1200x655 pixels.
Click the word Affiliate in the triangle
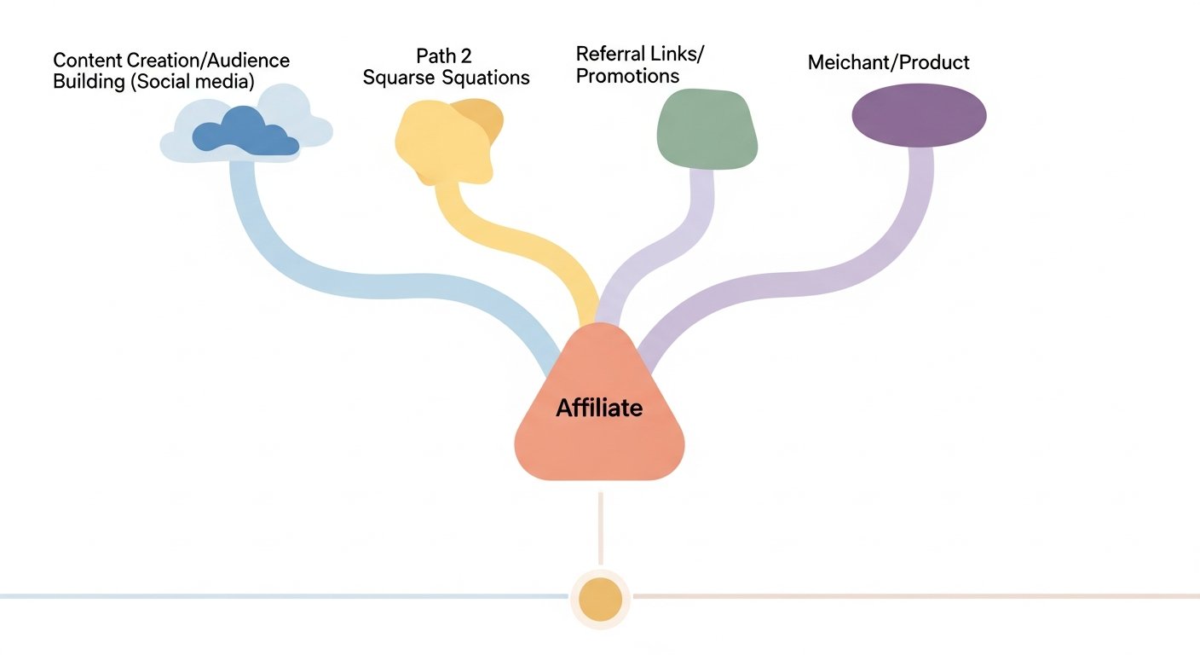coord(599,408)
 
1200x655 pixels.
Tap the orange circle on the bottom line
coord(600,598)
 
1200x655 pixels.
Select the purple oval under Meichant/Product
coord(919,115)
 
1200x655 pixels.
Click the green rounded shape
coord(707,129)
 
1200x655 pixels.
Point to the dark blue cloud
coord(245,132)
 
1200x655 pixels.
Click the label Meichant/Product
coord(888,62)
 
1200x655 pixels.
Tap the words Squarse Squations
coord(447,78)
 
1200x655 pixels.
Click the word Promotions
coord(627,76)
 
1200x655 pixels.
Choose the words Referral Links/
coord(640,54)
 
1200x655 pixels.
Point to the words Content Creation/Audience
coord(171,61)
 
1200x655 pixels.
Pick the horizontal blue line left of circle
coord(281,595)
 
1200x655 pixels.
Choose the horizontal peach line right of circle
coord(912,595)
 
